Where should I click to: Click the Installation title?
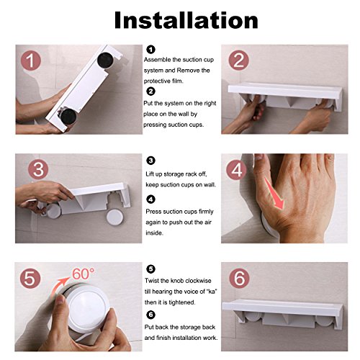(x=186, y=20)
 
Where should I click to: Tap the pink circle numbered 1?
(x=30, y=60)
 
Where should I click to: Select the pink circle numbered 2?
(x=238, y=60)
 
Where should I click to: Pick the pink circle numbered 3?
(x=38, y=169)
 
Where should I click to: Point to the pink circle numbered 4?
(x=236, y=169)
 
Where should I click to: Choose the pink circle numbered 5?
(x=30, y=278)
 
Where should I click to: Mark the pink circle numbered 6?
(x=239, y=278)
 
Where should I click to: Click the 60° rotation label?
(x=84, y=274)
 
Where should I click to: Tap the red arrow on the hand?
(x=275, y=194)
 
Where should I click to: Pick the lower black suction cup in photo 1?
(x=68, y=117)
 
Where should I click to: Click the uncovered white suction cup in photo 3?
(x=114, y=217)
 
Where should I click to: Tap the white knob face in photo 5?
(x=89, y=307)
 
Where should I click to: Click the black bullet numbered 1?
(x=150, y=50)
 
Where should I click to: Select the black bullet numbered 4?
(x=150, y=199)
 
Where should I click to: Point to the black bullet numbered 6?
(x=150, y=315)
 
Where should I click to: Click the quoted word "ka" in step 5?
(x=212, y=292)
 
